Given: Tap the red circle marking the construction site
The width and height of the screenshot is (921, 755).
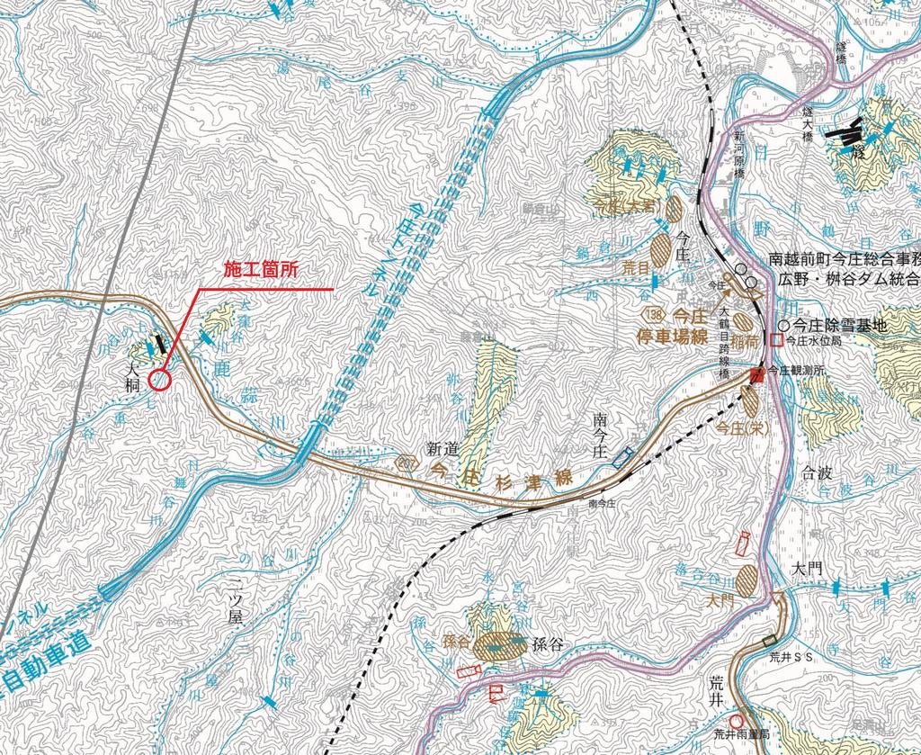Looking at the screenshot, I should coord(159,380).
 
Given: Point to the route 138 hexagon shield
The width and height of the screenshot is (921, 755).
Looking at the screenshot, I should coord(655,314).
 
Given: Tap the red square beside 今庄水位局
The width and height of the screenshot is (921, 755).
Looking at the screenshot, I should coord(776,341).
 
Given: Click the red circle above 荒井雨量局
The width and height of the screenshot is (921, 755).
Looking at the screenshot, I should coord(736,721).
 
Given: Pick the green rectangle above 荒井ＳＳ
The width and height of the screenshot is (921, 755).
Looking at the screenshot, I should coord(766,642).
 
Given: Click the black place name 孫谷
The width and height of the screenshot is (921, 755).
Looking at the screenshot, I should coord(548,645).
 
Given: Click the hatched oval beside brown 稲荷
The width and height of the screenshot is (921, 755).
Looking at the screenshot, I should coord(743,320).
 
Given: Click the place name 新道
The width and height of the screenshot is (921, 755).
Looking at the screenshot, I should coord(443,447).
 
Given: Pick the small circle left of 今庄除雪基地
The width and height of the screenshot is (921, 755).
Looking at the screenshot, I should coord(783,326).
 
